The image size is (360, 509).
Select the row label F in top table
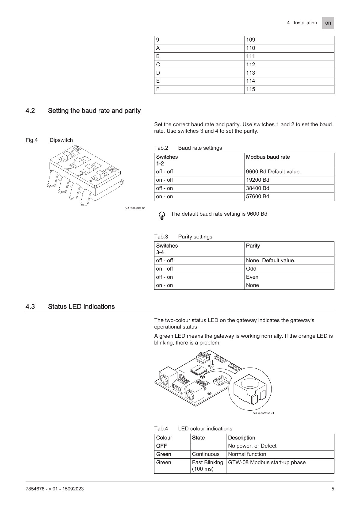pyautogui.click(x=158, y=89)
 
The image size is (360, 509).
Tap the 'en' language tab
pyautogui.click(x=328, y=23)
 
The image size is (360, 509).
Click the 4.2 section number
pyautogui.click(x=30, y=111)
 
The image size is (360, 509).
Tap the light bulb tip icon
pyautogui.click(x=162, y=215)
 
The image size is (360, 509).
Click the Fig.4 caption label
pyautogui.click(x=32, y=140)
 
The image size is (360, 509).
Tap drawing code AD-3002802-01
pyautogui.click(x=263, y=413)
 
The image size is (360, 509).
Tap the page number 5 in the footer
pyautogui.click(x=333, y=489)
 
